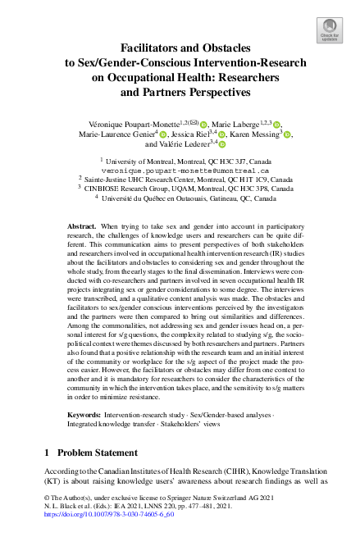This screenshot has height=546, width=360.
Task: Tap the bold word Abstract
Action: point(83,225)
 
